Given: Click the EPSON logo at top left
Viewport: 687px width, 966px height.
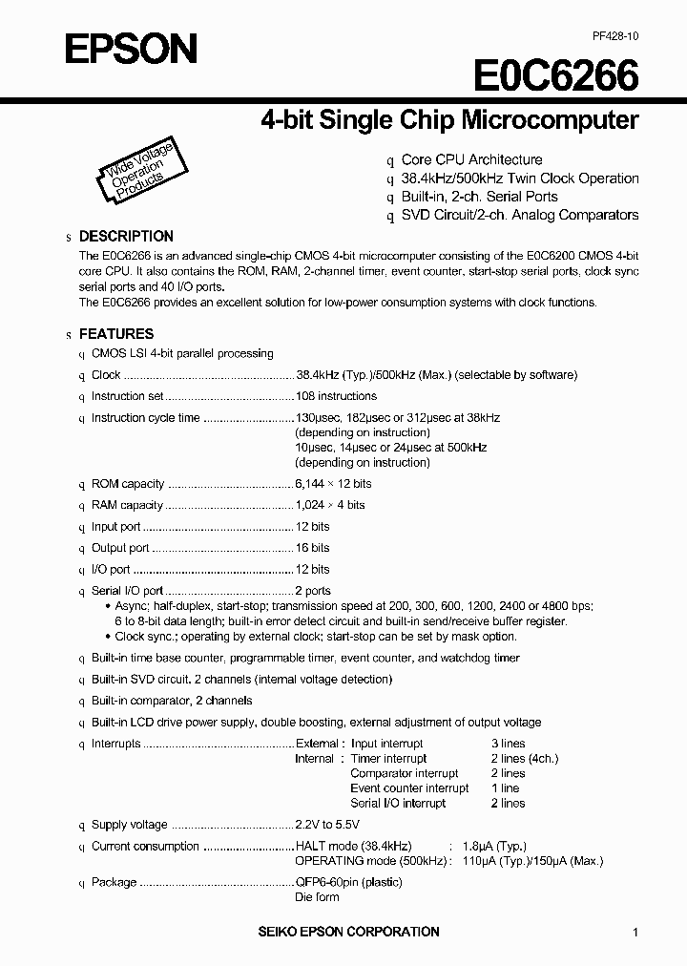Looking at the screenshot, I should tap(131, 50).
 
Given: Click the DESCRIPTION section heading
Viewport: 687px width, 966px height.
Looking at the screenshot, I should tap(125, 236).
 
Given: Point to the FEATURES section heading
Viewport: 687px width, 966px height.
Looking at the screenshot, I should tap(115, 334).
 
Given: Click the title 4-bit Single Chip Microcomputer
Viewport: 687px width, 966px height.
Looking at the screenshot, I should tap(449, 121).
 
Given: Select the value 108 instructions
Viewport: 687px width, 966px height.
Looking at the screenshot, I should tap(336, 396).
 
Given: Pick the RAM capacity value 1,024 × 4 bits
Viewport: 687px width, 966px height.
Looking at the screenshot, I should tap(330, 505).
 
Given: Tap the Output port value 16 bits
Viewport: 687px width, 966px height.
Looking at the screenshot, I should tap(313, 548).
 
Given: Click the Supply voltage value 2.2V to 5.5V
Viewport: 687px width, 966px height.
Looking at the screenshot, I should tap(327, 825).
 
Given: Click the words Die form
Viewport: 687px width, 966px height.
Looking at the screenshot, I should tap(317, 897).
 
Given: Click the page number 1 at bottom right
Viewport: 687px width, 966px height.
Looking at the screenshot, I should tap(635, 933).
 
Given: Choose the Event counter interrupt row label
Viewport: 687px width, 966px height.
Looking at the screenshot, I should tap(409, 788).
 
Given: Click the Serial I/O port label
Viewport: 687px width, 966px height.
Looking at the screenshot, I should tap(127, 591).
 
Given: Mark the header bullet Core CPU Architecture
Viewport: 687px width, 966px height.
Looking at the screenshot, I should tap(471, 160).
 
